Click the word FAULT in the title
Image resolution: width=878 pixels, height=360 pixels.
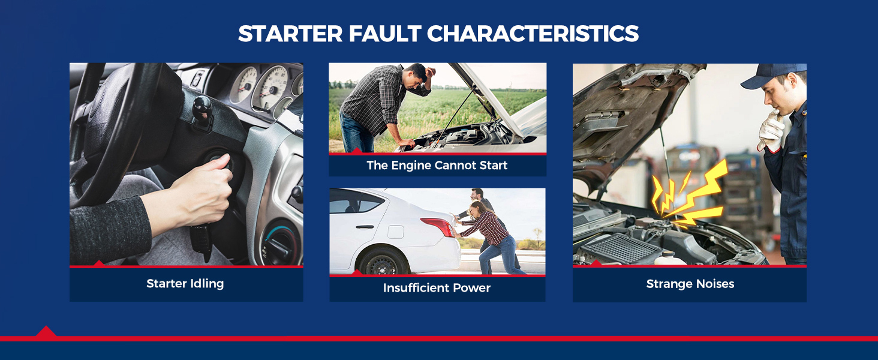tap(384, 34)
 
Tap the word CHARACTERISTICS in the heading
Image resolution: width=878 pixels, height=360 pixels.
tap(533, 34)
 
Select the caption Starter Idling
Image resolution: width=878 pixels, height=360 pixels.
tap(185, 284)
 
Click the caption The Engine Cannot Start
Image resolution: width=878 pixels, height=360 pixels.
tap(437, 166)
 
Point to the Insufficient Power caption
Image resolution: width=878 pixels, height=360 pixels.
tap(437, 288)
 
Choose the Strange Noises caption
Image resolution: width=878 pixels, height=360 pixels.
tap(690, 284)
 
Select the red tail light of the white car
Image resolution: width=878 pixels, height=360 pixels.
tap(438, 226)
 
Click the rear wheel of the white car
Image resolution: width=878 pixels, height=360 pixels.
tap(383, 262)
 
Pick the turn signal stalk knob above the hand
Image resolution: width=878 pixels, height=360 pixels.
tap(202, 104)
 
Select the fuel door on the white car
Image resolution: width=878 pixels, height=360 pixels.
tap(395, 232)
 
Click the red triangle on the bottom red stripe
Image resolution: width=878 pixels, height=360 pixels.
tap(46, 331)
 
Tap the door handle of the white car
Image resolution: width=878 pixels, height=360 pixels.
tap(365, 227)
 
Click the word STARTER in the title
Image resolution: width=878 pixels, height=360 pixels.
tap(290, 34)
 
